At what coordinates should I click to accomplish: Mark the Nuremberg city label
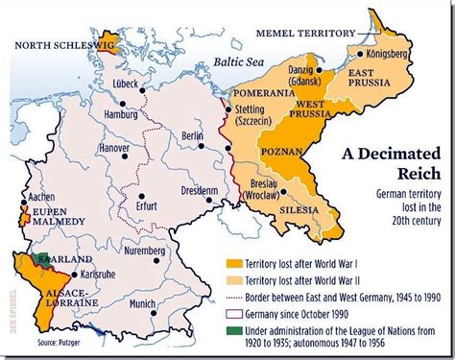coord(148,254)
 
